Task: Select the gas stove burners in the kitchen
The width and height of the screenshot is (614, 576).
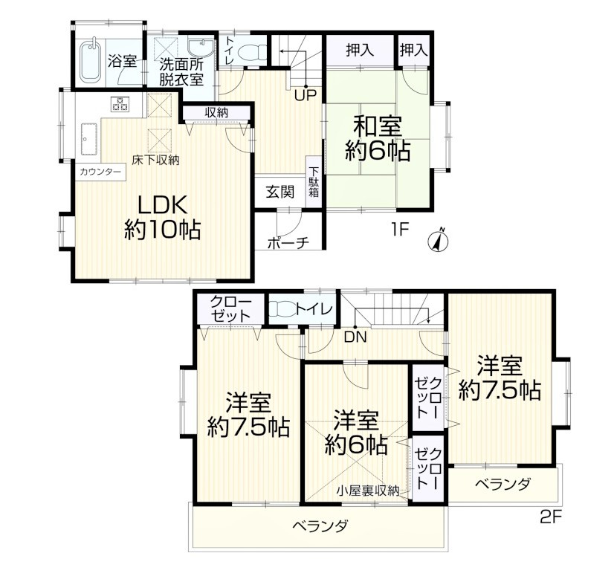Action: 120,103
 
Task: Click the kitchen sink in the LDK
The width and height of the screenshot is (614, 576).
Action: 89,140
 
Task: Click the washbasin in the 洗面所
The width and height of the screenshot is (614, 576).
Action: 201,48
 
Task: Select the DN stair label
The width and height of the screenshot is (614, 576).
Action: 355,337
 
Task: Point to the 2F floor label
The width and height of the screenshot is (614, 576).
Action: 551,517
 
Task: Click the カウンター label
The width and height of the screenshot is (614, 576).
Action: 100,172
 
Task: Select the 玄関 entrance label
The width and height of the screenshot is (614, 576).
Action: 280,192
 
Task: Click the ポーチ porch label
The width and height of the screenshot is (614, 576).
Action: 288,243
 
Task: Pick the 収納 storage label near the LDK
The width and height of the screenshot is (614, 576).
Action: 216,113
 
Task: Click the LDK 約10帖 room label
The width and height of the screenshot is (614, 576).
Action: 163,216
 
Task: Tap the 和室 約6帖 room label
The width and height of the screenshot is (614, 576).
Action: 378,140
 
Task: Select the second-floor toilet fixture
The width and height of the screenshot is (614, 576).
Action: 282,309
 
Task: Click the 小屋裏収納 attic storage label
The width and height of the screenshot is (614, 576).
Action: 368,491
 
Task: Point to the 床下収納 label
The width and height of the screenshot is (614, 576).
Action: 155,160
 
